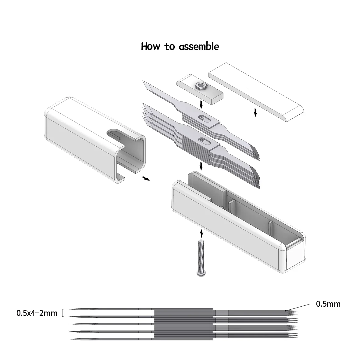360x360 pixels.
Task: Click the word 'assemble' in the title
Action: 199,47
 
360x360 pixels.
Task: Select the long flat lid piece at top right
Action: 256,91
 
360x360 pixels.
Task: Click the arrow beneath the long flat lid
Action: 255,113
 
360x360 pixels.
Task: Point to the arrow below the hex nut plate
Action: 201,105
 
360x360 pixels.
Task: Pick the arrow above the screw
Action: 201,233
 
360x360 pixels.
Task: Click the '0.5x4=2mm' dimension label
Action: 37,313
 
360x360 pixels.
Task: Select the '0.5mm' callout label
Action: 328,304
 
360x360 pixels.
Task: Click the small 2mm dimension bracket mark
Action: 63,313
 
